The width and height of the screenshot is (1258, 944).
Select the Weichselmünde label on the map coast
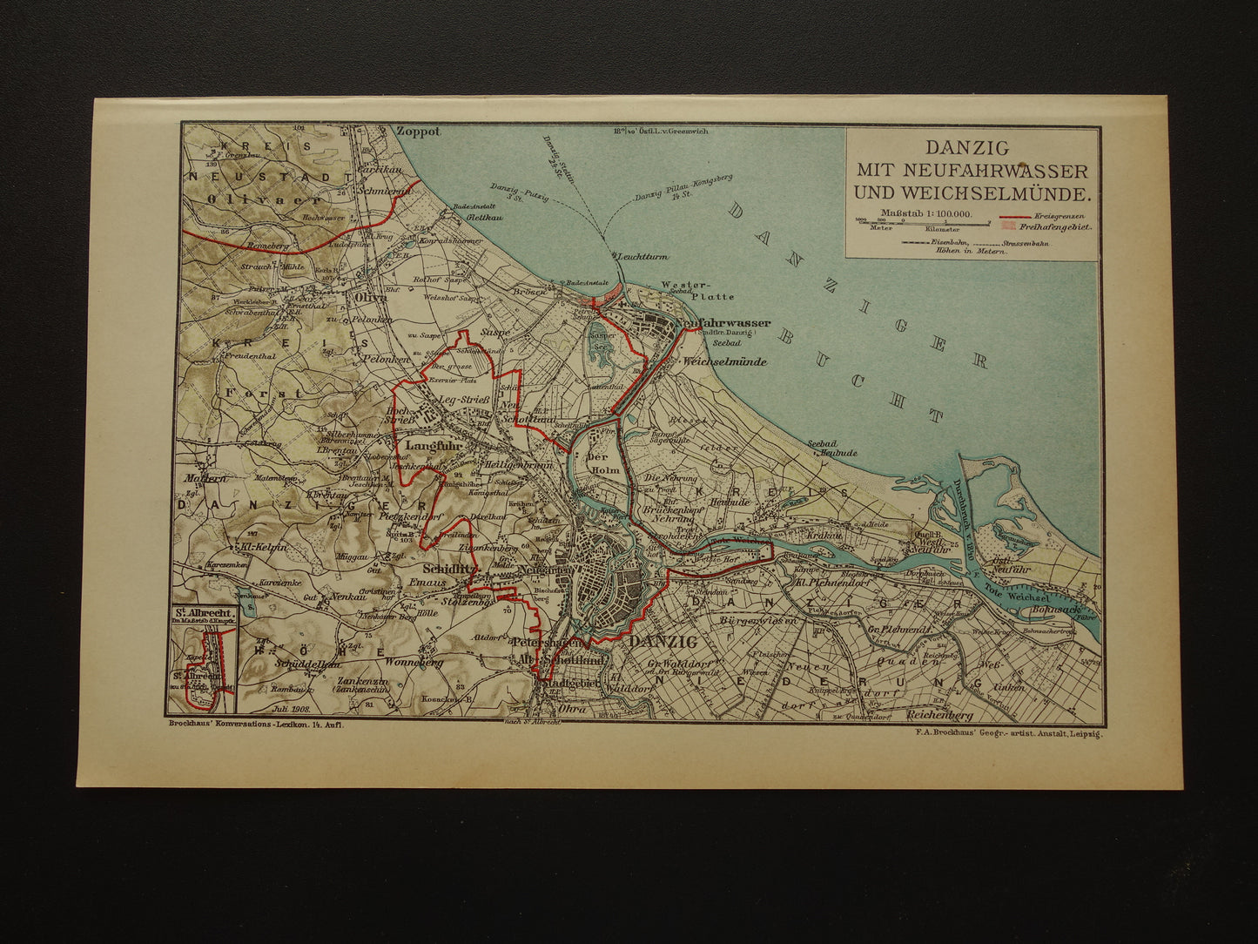click(725, 361)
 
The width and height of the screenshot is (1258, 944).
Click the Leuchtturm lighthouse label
click(640, 258)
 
